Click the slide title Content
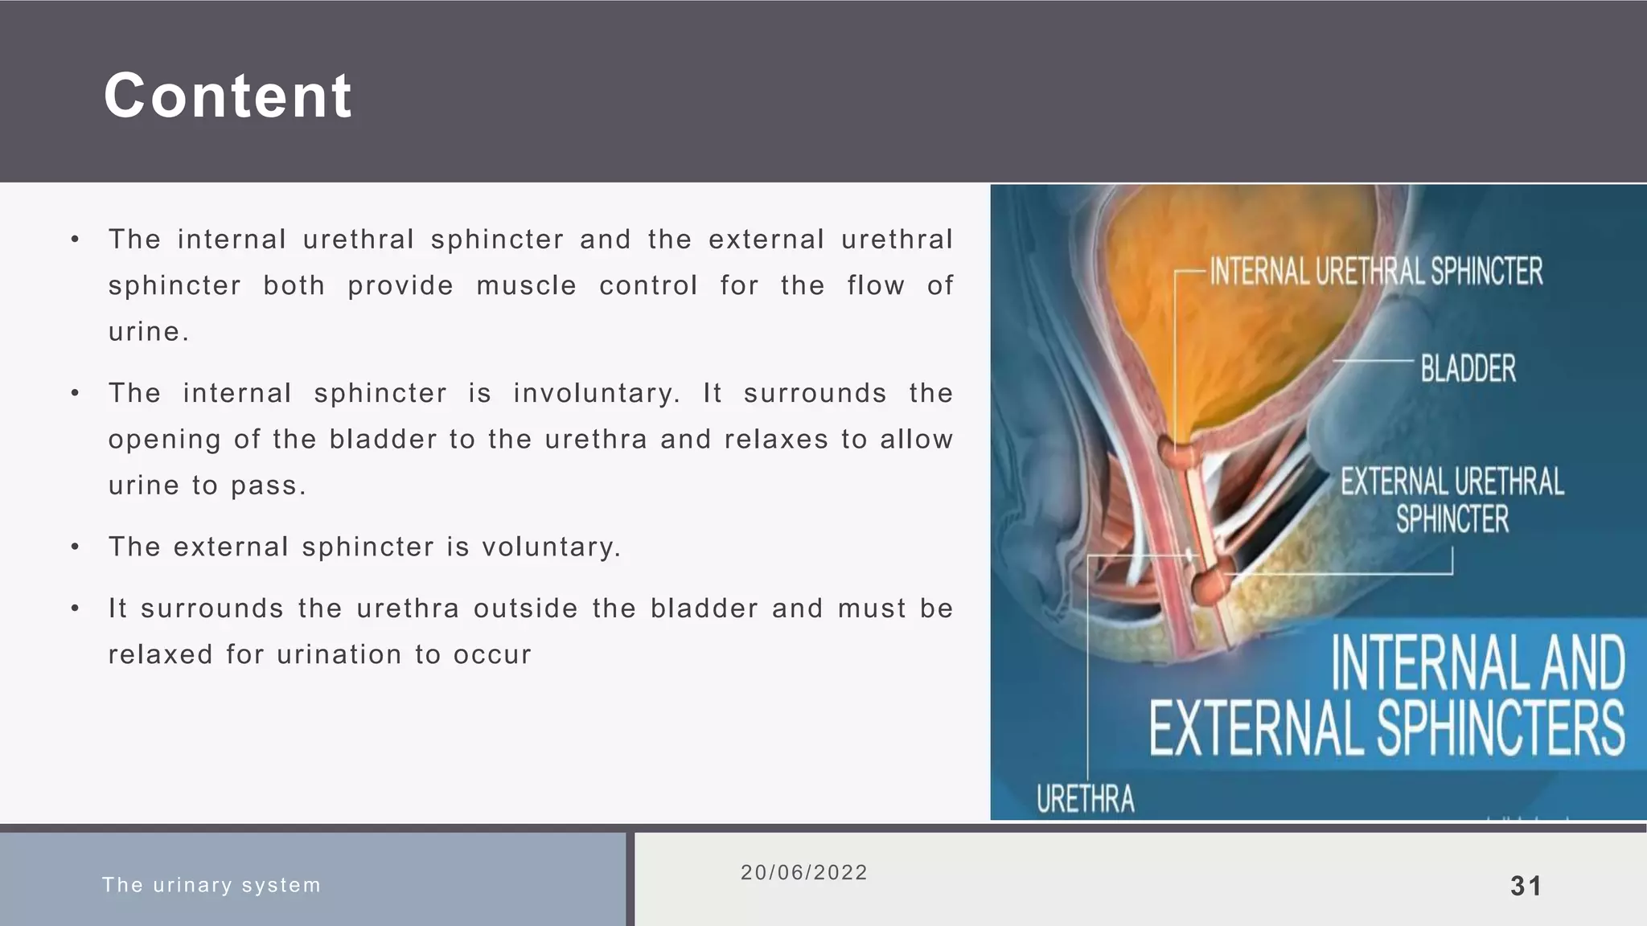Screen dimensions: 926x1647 [228, 96]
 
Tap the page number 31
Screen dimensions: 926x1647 [1526, 886]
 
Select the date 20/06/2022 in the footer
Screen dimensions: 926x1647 [804, 873]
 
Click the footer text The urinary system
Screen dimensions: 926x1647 [212, 885]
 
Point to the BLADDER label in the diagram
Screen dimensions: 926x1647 [1468, 369]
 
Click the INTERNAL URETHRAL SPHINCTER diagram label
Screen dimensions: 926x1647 [1376, 272]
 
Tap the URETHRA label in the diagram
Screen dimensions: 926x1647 [1085, 799]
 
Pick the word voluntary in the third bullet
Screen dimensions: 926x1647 [551, 547]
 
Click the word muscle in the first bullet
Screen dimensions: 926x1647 [526, 286]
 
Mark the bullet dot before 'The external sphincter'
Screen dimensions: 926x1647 [75, 547]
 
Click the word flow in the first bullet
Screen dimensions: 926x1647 [875, 286]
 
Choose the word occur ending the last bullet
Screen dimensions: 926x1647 [492, 655]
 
